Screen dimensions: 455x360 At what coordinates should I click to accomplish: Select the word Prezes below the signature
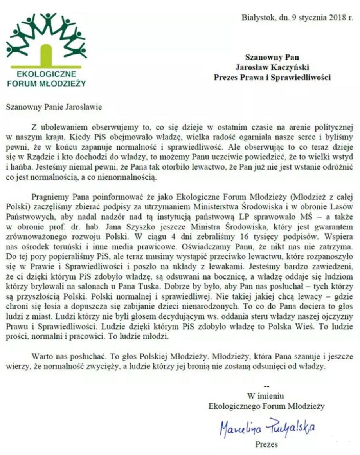pyautogui.click(x=266, y=444)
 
